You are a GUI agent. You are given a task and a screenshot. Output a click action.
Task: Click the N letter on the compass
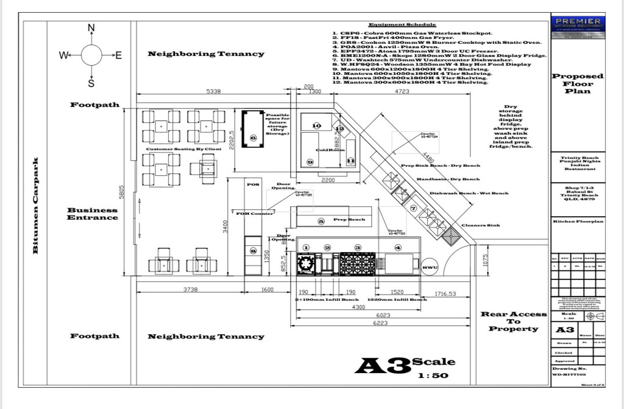[91, 28]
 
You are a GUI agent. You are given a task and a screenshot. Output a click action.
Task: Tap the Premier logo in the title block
[577, 24]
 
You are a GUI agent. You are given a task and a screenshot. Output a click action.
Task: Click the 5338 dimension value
[213, 91]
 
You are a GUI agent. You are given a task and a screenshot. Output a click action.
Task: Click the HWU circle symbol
[430, 267]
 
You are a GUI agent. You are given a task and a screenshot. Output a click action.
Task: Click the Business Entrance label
[93, 214]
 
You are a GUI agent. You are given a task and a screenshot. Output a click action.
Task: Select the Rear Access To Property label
[514, 321]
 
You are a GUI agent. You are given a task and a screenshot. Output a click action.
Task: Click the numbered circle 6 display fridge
[253, 138]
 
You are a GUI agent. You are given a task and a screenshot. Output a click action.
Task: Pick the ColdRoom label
[330, 150]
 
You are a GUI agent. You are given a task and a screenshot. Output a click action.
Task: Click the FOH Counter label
[255, 214]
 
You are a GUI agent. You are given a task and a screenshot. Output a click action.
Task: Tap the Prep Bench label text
[349, 220]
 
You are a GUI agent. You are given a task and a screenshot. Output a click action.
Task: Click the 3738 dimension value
[191, 290]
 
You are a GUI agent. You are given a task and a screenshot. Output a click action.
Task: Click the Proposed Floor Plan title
[577, 84]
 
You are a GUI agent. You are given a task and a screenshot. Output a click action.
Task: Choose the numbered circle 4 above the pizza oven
[398, 248]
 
